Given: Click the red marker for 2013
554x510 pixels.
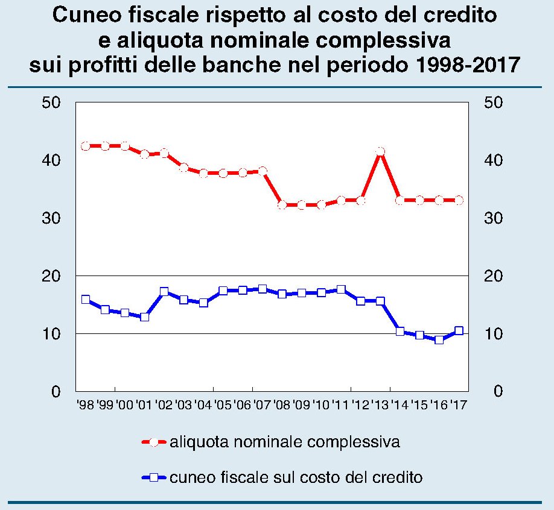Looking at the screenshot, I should coord(380,152).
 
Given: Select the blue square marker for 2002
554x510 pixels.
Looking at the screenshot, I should coord(164,292).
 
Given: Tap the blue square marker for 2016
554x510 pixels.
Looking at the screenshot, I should coord(439,340).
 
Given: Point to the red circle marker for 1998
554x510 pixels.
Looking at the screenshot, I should coord(86,146).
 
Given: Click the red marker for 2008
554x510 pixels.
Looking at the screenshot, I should coord(282,205).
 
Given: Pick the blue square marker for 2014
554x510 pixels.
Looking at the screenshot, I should coord(400,331).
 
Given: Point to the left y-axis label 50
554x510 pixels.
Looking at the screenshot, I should coord(53,102).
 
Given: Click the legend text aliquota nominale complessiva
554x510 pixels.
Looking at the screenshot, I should coord(285,442).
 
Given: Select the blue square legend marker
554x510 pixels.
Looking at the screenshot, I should coord(154,478).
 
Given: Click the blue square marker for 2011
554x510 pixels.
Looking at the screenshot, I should coord(341,290).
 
